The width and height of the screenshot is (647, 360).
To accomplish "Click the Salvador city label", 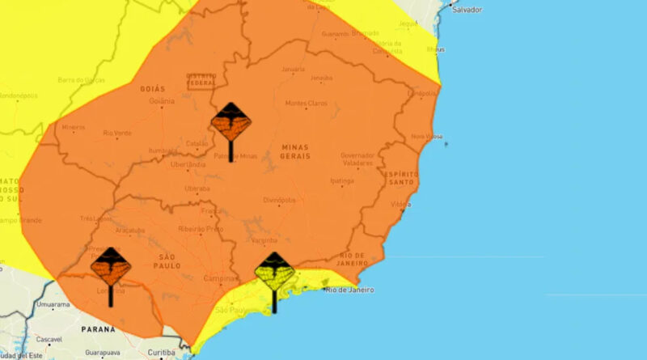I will (467, 11).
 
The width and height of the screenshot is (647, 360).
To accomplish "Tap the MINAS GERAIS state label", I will (300, 150).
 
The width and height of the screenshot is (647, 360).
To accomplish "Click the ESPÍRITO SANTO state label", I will (401, 179).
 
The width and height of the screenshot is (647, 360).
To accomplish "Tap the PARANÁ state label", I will (97, 330).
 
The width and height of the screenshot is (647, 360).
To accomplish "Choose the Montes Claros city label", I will (304, 104).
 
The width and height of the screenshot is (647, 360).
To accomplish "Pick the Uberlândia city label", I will (188, 163).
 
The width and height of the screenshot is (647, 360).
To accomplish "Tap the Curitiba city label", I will (162, 354).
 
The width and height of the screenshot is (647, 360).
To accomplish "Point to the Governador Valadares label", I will (357, 159).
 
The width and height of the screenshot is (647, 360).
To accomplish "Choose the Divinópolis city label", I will (279, 199).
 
